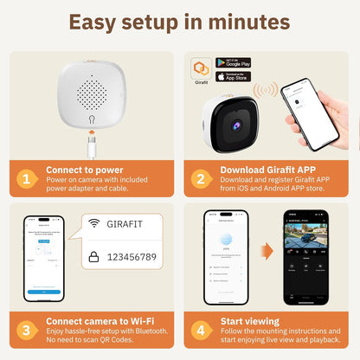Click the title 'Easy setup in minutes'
[180, 21]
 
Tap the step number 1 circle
[28, 179]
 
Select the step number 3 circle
[28, 331]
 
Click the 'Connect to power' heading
[85, 170]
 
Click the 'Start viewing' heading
[254, 321]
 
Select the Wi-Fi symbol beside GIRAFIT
[94, 224]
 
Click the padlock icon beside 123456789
[94, 257]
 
